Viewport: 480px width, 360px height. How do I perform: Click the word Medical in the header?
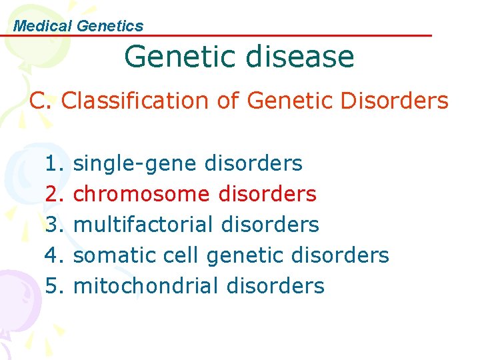pos(43,26)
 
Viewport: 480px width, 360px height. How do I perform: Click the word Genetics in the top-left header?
pos(110,26)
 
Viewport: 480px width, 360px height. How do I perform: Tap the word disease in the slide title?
pos(299,57)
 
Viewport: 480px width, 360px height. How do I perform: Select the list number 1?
pos(53,163)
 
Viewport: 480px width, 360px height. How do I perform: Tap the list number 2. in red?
pos(53,194)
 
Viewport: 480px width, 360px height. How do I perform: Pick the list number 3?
pos(53,225)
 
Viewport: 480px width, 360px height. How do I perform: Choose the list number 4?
pos(53,255)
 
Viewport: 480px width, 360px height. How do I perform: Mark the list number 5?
pos(53,286)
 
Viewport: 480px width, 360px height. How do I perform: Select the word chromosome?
pos(141,194)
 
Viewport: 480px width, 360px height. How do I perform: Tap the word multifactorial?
pos(143,225)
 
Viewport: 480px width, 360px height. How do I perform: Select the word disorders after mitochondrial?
pos(275,286)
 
